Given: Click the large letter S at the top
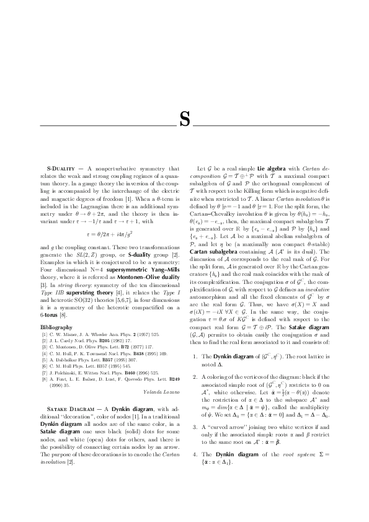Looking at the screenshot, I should pyautogui.click(x=184, y=118).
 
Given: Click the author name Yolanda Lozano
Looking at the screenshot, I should pyautogui.click(x=159, y=392).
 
